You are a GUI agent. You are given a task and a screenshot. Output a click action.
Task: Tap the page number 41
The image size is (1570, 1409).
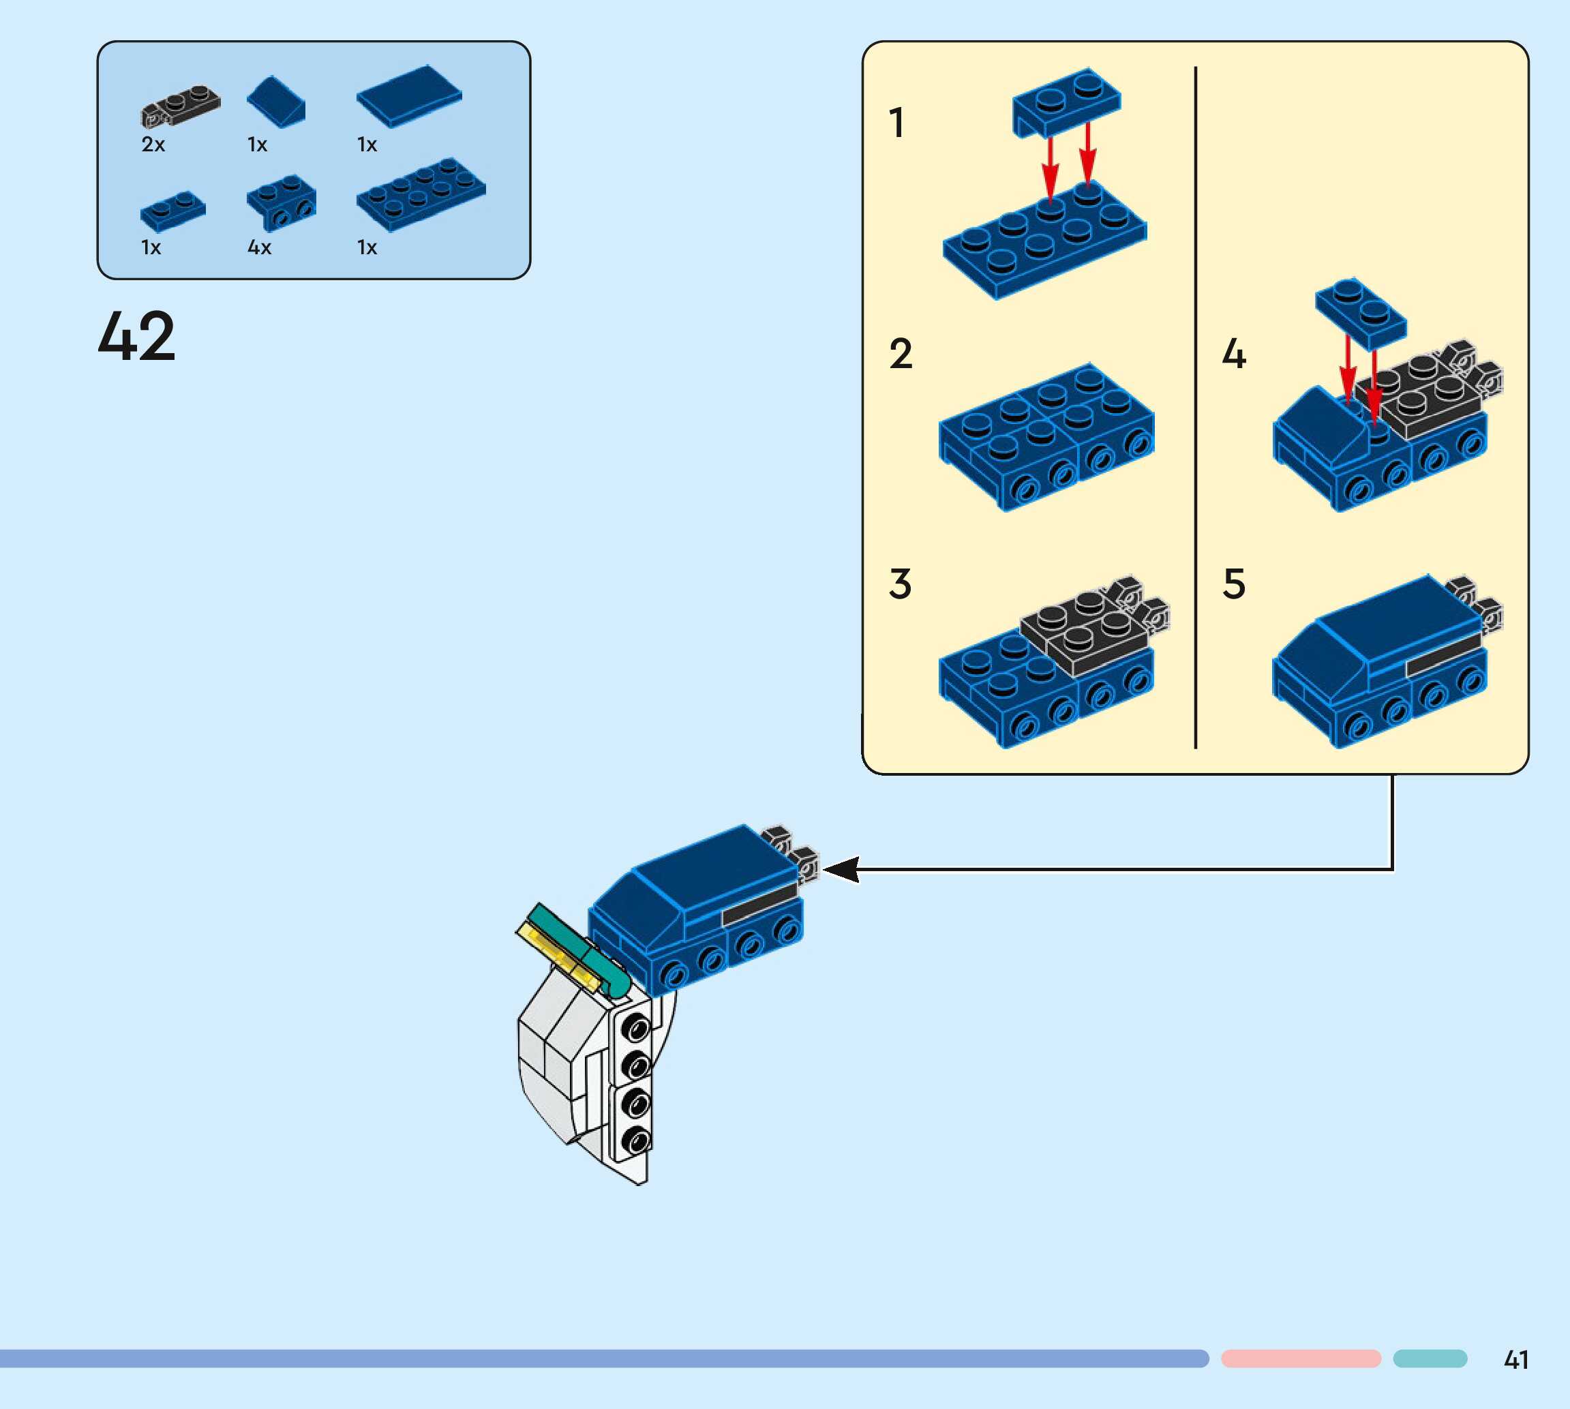(1516, 1360)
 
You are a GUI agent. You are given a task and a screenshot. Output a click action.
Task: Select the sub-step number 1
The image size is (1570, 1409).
(896, 123)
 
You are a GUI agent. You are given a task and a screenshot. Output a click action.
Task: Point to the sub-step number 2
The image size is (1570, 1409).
(901, 354)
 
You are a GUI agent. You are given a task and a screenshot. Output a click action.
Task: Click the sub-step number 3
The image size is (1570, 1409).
(900, 584)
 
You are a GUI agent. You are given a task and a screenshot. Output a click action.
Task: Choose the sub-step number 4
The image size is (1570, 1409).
(1234, 354)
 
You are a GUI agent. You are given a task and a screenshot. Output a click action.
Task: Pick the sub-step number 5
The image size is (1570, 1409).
(1234, 584)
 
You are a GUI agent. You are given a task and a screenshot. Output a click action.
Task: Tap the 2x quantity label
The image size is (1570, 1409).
(153, 145)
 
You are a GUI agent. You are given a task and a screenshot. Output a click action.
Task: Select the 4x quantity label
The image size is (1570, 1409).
(259, 247)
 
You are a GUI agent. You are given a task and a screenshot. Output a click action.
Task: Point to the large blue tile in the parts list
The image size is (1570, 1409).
(409, 95)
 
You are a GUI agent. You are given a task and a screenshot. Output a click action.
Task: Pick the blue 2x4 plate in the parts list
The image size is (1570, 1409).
(421, 194)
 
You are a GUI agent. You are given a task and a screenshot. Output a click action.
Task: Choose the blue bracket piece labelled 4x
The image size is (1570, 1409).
(281, 202)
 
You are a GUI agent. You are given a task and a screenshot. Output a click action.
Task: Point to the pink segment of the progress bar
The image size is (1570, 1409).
(1301, 1359)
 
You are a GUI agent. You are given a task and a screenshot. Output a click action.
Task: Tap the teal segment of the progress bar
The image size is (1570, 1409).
(1430, 1359)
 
